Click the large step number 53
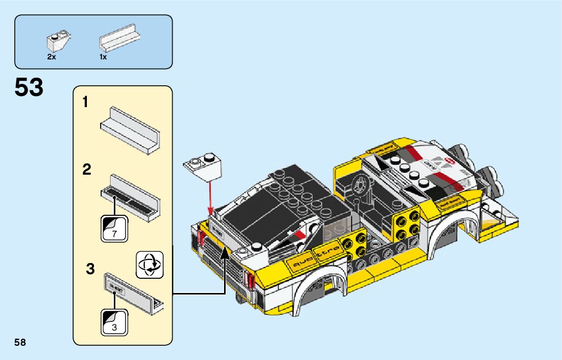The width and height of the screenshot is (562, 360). click(x=29, y=88)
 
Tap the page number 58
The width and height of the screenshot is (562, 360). click(x=20, y=342)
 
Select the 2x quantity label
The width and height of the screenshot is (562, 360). click(x=51, y=57)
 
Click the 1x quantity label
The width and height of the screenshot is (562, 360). click(x=103, y=57)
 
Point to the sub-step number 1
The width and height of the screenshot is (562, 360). click(x=86, y=103)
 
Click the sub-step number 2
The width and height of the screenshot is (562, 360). click(x=87, y=170)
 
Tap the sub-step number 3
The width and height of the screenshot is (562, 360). click(x=90, y=269)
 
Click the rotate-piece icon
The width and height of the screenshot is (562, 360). click(x=150, y=264)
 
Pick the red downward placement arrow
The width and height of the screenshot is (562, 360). click(x=209, y=198)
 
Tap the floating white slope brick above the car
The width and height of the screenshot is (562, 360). click(x=204, y=166)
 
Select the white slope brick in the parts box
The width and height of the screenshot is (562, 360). click(x=58, y=43)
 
